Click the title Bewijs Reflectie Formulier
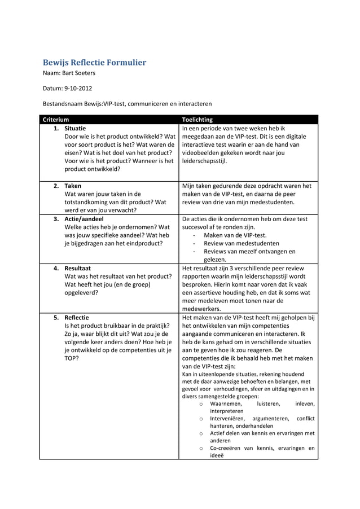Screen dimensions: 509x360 (x=95, y=62)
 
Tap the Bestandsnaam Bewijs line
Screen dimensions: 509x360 (x=128, y=104)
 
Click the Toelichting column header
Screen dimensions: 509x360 (x=197, y=120)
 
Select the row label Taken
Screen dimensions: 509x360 (x=73, y=186)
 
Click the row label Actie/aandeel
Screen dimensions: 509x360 (x=84, y=219)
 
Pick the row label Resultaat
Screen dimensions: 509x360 (x=78, y=268)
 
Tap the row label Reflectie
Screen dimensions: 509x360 (x=77, y=318)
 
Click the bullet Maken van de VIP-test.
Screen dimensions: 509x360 (x=235, y=235)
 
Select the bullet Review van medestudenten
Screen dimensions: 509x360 (x=241, y=244)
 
